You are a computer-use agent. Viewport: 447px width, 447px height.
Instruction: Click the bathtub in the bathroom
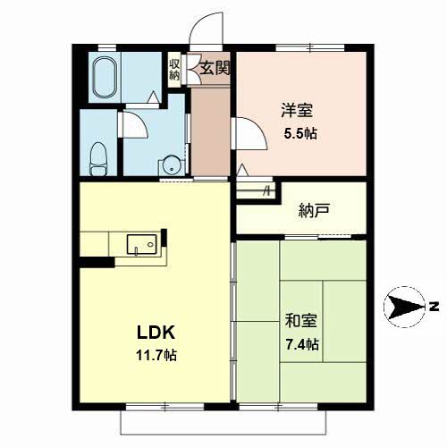(x=105, y=77)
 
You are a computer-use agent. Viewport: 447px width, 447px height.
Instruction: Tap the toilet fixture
(x=98, y=159)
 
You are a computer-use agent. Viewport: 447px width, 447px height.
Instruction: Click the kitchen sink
(x=142, y=244)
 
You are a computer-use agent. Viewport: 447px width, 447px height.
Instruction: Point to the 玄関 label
(x=215, y=69)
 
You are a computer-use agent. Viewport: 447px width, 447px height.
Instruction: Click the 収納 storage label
(x=174, y=70)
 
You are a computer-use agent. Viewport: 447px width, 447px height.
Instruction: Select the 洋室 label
(x=297, y=110)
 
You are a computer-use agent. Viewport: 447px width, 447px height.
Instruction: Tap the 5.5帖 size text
(x=300, y=133)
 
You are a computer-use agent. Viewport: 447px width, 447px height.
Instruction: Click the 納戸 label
(x=314, y=210)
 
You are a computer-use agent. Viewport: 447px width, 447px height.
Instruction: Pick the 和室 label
(x=300, y=321)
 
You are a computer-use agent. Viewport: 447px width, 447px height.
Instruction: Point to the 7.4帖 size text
(x=302, y=344)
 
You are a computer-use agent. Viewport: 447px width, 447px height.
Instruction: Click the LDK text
(x=156, y=333)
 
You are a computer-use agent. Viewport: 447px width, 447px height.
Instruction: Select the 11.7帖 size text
(x=156, y=355)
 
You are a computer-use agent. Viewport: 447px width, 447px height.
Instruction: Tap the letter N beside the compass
(x=434, y=307)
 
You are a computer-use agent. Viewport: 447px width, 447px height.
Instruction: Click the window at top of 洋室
(x=310, y=47)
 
